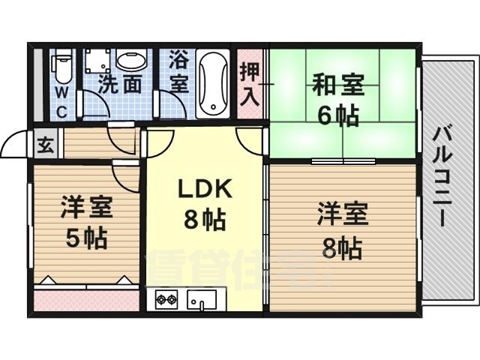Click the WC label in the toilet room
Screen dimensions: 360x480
coord(61,100)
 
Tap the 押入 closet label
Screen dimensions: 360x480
coord(250,83)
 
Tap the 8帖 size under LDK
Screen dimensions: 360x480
coord(204,220)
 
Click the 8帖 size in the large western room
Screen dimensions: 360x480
coord(342,245)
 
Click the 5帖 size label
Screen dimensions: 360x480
coord(84,238)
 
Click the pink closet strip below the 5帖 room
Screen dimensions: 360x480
coord(86,299)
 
